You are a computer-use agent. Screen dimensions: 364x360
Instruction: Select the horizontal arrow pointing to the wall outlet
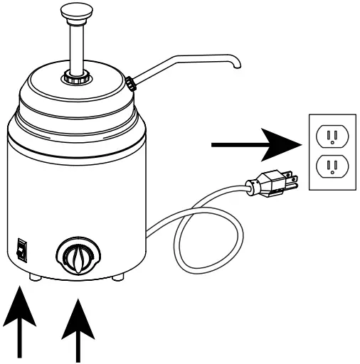tap(253, 146)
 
